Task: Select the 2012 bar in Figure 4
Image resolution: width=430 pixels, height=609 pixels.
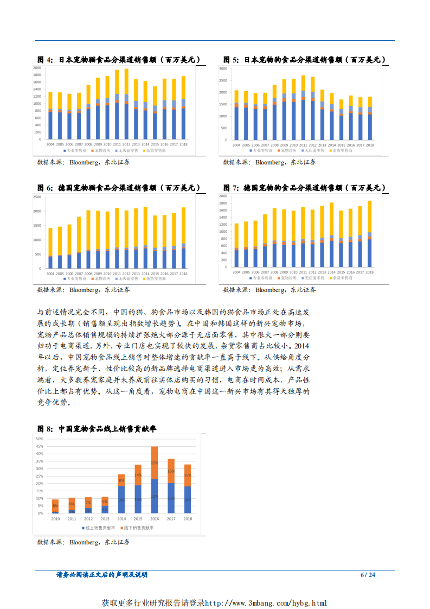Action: point(126,103)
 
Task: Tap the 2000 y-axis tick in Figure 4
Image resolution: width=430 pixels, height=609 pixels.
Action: point(38,68)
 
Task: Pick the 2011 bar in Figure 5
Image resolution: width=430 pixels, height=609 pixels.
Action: point(303,107)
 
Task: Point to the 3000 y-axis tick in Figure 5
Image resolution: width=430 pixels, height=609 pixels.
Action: point(223,68)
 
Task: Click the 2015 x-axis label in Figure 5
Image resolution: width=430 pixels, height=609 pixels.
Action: point(341,145)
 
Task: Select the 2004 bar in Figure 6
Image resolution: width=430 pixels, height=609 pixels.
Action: point(50,248)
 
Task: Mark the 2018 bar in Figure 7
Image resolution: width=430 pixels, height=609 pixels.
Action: point(369,234)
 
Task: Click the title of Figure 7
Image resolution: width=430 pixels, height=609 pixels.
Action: point(305,188)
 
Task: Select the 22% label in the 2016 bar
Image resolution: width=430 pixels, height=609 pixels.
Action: point(155,463)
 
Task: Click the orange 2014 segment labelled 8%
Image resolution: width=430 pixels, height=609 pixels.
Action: point(121,480)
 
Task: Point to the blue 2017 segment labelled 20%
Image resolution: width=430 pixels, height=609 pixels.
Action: point(171,498)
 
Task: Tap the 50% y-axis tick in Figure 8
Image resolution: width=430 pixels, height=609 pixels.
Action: point(40,439)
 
